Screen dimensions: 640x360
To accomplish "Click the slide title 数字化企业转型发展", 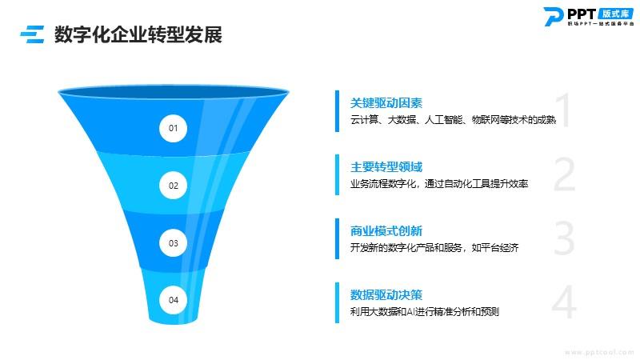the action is click(138, 34).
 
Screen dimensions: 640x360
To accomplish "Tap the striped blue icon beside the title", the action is click(32, 34).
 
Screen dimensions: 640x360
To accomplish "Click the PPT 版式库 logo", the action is click(589, 16).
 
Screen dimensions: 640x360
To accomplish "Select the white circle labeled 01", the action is click(173, 128).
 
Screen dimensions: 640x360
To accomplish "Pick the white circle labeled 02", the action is click(173, 186).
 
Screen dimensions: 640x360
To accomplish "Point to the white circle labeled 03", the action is click(173, 243).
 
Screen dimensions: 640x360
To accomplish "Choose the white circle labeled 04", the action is click(173, 300).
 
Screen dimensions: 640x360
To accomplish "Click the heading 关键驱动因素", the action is click(386, 103).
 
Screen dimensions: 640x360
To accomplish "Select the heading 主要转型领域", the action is click(386, 167).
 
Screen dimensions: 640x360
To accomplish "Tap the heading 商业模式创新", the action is click(386, 231).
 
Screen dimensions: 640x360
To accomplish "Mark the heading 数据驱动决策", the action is click(386, 294).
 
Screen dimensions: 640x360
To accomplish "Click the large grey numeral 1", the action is click(564, 110).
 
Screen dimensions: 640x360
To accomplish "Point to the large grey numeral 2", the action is click(565, 174).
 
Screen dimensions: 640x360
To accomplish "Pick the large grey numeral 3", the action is click(565, 238).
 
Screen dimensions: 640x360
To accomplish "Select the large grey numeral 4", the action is click(564, 302).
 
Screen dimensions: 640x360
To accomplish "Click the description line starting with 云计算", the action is click(453, 119).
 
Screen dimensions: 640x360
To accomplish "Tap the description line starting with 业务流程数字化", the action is click(439, 184).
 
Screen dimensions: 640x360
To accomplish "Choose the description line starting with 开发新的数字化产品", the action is click(434, 248).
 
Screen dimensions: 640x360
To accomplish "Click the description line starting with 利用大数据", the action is click(425, 312).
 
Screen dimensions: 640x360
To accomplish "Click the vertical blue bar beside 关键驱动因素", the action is click(337, 111).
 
